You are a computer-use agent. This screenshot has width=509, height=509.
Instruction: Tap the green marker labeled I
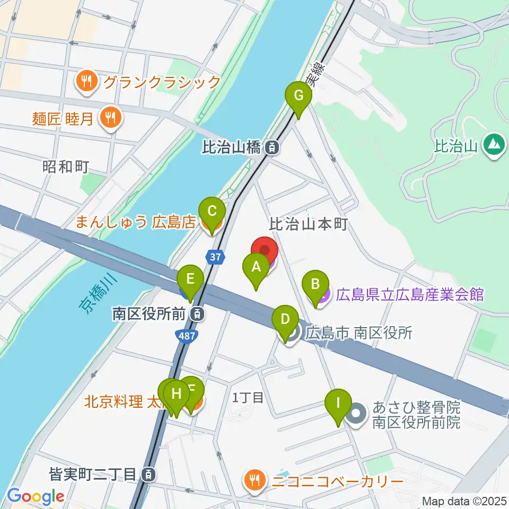coord(338,407)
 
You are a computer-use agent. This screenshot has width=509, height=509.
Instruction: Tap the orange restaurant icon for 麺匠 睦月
coord(110,117)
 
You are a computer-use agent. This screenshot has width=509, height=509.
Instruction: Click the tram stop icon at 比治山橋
coord(271,148)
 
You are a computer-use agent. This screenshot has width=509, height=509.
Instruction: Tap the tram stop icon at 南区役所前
coord(197,314)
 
